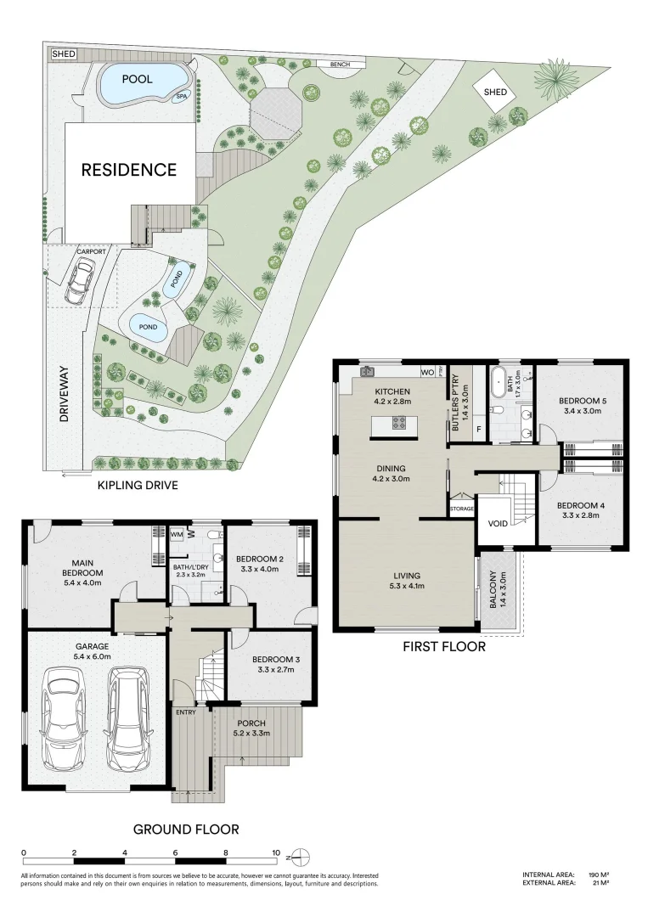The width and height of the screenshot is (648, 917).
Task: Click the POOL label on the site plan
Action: click(138, 79)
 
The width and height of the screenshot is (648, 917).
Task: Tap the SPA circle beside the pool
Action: click(181, 97)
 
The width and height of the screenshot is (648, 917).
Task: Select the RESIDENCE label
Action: click(128, 170)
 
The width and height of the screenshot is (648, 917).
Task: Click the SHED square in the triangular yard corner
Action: click(494, 92)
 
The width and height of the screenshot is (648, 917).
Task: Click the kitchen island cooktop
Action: click(397, 422)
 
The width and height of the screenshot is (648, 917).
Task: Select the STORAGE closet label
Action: click(461, 509)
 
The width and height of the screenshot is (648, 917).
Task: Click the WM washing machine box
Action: click(177, 535)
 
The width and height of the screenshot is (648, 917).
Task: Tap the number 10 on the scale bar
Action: click(276, 852)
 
